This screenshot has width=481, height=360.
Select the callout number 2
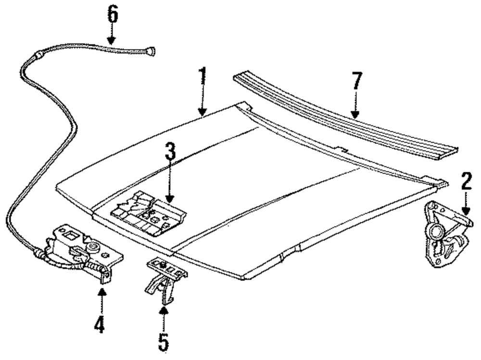(466, 181)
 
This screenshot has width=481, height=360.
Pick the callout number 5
(164, 342)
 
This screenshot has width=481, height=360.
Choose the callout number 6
(112, 15)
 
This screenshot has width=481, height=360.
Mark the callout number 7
(356, 82)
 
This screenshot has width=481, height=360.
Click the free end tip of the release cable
(152, 50)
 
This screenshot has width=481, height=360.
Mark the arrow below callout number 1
(203, 103)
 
